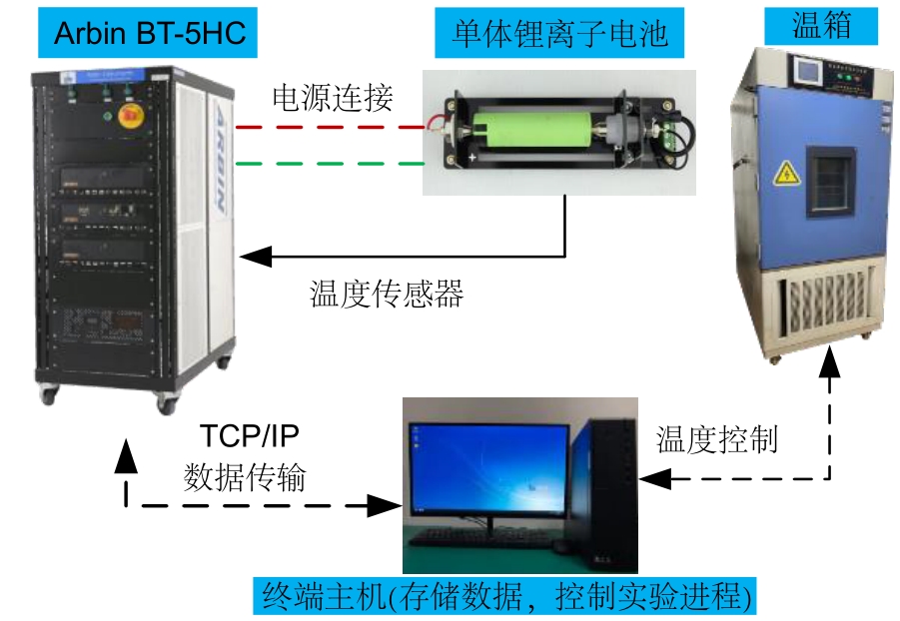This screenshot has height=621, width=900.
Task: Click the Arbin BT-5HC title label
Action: tap(148, 33)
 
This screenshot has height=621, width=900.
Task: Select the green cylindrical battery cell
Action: tap(531, 131)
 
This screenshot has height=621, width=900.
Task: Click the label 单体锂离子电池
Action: tap(559, 33)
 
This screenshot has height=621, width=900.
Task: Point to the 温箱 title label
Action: tap(821, 26)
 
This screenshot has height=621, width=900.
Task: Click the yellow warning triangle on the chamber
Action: tap(787, 174)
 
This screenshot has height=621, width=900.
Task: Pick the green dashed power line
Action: tap(330, 164)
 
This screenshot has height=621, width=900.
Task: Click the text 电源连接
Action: tap(333, 98)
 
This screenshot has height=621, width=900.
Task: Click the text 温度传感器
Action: tap(387, 294)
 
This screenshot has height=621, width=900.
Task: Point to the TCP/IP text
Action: tap(250, 436)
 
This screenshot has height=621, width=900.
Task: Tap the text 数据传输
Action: tap(245, 477)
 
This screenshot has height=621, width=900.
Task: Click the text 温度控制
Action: tap(717, 440)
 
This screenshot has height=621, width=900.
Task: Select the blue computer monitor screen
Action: tap(487, 470)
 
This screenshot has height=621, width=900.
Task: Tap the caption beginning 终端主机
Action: tap(505, 596)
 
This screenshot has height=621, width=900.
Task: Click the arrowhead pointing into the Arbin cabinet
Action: tap(256, 256)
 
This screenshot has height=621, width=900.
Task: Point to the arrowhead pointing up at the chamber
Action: tap(829, 361)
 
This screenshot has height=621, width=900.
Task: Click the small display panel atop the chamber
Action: tap(807, 71)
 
